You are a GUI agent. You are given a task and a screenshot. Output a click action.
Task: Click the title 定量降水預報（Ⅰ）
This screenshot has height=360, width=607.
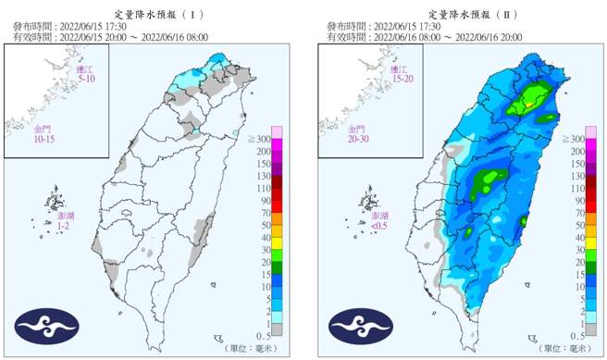click(153, 15)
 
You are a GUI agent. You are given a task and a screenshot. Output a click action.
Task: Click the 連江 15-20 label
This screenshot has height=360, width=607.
click(400, 75)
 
